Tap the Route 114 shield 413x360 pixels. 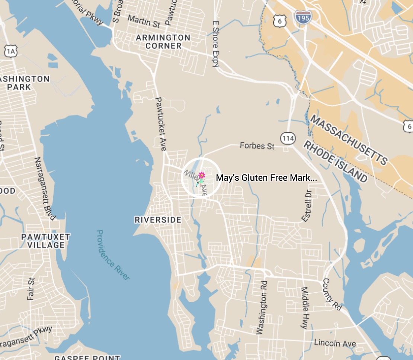pos(288,139)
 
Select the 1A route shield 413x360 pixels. pos(12,51)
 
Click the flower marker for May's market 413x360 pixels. pos(201,176)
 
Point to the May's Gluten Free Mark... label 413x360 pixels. pos(266,178)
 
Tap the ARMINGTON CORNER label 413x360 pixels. pos(163,42)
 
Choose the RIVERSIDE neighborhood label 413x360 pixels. pos(158,220)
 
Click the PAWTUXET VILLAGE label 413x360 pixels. pos(45,241)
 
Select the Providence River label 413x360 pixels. pos(113,255)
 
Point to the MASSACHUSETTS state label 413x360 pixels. pos(349,139)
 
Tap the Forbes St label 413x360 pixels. pos(257,145)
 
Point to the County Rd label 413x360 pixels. pos(332,294)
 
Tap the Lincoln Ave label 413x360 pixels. pos(335,343)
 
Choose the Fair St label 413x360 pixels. pos(31,289)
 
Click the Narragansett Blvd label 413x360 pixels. pos(45,188)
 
